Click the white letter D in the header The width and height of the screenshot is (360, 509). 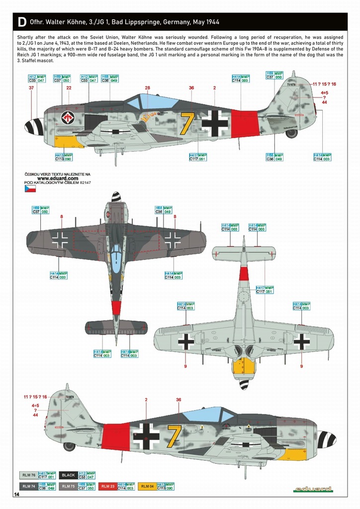tap(21, 22)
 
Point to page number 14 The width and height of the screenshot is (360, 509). tap(17, 495)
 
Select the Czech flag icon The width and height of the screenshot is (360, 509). tap(29, 189)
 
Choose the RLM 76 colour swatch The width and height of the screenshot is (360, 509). tap(28, 475)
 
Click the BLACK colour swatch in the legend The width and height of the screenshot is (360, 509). tap(68, 475)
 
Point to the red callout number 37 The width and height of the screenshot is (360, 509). tap(31, 88)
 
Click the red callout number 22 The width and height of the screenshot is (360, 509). tap(69, 88)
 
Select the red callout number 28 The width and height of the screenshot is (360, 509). tap(147, 88)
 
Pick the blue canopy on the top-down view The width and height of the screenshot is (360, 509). tap(115, 256)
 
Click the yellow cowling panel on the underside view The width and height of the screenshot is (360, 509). tap(244, 367)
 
